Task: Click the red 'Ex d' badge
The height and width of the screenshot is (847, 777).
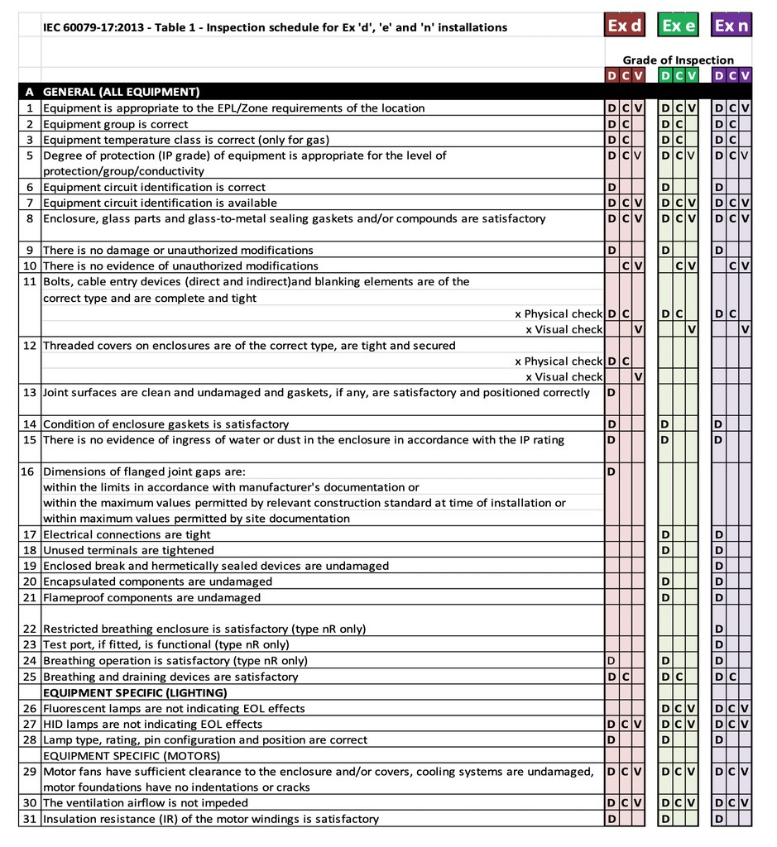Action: (625, 26)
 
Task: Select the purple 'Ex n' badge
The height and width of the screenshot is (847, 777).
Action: (732, 26)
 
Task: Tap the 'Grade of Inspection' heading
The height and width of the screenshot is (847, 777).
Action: (678, 60)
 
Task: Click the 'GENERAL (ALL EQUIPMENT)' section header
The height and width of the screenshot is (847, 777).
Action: (121, 92)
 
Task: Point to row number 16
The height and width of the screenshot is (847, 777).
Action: (29, 471)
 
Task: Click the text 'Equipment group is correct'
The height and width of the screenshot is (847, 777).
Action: (115, 124)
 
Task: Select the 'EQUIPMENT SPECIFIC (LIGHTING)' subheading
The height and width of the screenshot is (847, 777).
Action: (135, 692)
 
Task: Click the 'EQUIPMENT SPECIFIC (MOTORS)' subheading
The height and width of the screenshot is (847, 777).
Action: (132, 755)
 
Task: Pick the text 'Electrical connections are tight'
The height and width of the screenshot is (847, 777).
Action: (127, 534)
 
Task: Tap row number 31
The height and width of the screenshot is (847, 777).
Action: (29, 819)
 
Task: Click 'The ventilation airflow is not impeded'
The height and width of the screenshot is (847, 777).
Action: (145, 802)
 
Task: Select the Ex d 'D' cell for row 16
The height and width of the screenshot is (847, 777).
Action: (612, 471)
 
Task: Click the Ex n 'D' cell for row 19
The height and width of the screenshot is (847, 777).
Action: (719, 566)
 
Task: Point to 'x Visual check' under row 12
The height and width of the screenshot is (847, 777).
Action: (564, 376)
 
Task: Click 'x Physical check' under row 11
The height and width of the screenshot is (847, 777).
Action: (559, 313)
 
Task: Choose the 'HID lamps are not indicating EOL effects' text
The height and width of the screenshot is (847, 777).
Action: (152, 724)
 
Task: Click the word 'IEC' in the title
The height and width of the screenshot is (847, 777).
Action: (53, 27)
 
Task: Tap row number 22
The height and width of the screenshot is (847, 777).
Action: (29, 629)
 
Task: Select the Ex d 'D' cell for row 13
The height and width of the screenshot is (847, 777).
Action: (612, 392)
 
